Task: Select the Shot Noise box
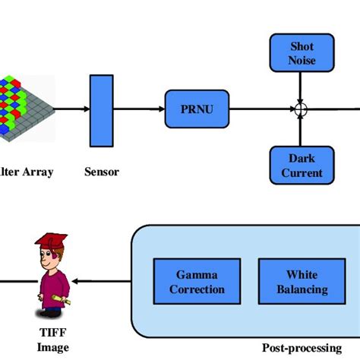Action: click(x=302, y=53)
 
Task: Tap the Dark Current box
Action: click(x=302, y=166)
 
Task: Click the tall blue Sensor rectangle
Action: click(x=102, y=109)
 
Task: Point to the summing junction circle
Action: click(x=302, y=110)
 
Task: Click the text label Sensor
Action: click(x=102, y=172)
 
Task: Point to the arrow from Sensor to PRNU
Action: click(x=139, y=109)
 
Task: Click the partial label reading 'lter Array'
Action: click(x=27, y=172)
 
